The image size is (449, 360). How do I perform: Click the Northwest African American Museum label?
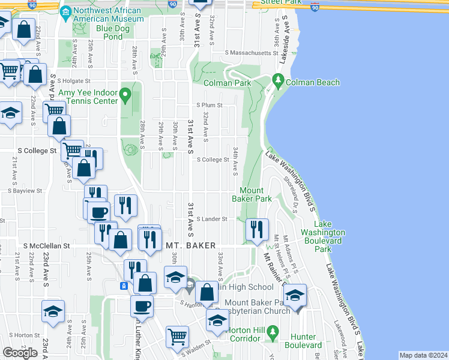(x=108, y=15)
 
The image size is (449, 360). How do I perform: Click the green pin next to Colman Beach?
(x=277, y=79)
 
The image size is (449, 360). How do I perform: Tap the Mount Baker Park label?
(x=252, y=194)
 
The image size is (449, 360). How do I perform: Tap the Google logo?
(x=20, y=352)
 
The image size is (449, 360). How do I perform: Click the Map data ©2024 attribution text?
(x=423, y=355)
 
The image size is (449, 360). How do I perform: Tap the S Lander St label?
(x=211, y=220)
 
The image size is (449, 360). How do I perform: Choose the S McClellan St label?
(x=47, y=245)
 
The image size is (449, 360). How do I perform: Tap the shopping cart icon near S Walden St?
(x=176, y=336)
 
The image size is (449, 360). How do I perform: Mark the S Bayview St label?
(x=25, y=191)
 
